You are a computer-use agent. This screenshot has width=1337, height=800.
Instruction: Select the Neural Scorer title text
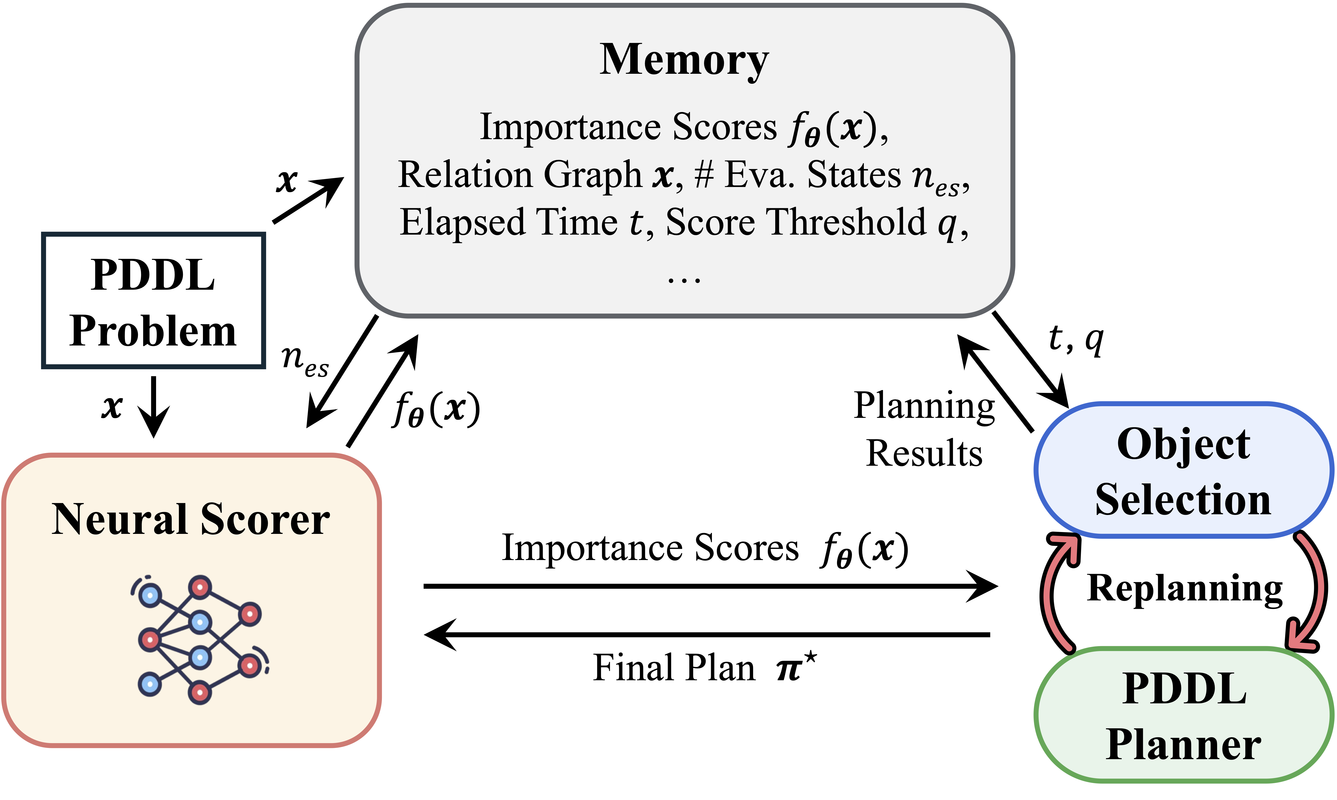(x=191, y=519)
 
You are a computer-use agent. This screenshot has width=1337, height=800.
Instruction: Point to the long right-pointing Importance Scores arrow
(x=711, y=586)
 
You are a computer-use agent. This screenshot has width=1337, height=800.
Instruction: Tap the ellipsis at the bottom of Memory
(x=684, y=279)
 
